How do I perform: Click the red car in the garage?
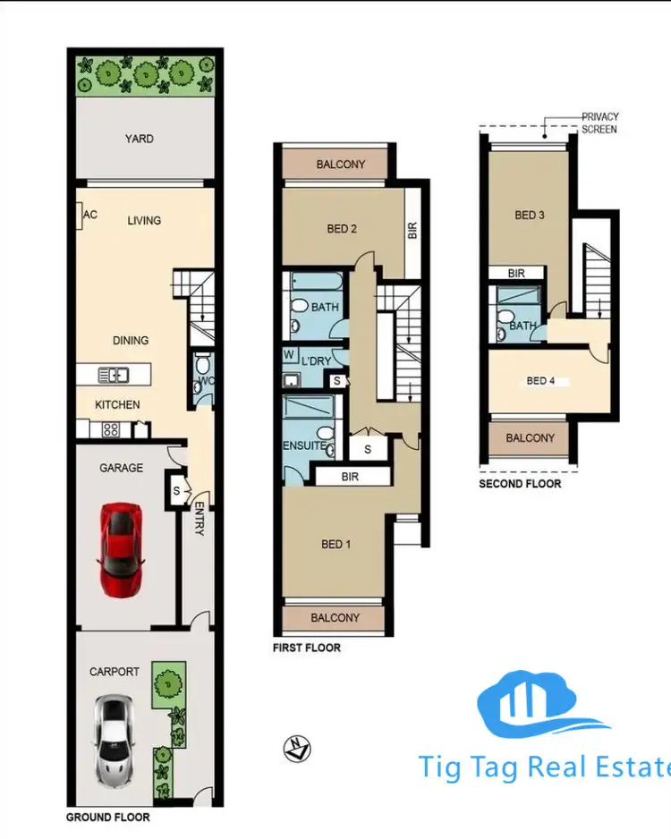[x=121, y=549]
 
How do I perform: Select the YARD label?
[x=139, y=139]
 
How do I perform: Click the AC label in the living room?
[x=89, y=215]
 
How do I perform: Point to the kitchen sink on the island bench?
[x=115, y=374]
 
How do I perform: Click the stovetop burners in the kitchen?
[x=111, y=428]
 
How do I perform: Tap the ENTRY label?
[x=199, y=518]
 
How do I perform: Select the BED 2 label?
[x=342, y=229]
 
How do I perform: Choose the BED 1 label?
[x=335, y=543]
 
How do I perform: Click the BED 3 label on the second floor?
[x=530, y=215]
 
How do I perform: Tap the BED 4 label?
[x=541, y=381]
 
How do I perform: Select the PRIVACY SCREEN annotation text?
[x=599, y=123]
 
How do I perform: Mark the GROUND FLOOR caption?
[x=108, y=818]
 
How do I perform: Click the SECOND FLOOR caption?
[x=520, y=484]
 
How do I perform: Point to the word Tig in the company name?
[x=446, y=767]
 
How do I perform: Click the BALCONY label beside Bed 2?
[x=341, y=165]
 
